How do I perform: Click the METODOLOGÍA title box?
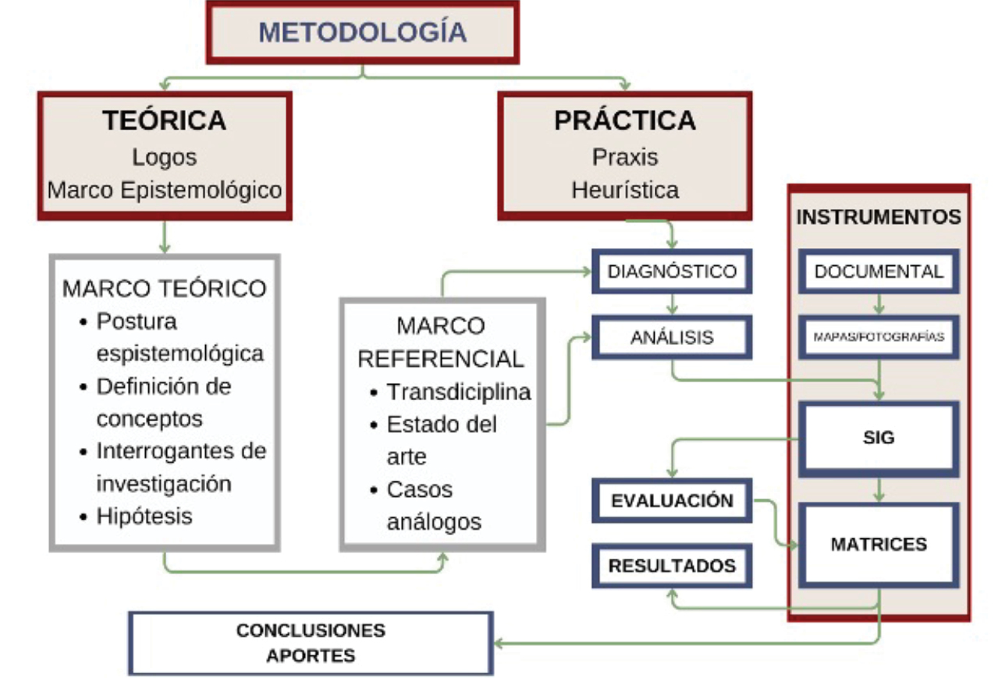362,33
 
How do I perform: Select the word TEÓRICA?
164,121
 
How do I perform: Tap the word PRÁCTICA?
624,121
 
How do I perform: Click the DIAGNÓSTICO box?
671,272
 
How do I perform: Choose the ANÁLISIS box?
671,337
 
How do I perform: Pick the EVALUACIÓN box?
671,500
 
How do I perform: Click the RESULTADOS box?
671,566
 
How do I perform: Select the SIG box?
879,438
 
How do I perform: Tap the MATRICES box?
879,544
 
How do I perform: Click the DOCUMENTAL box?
879,272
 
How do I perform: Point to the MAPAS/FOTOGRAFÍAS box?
879,337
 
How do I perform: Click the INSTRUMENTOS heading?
879,217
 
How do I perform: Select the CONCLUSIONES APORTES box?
311,642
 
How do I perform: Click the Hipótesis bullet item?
144,516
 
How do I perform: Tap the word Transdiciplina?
459,392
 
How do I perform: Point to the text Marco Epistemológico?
164,190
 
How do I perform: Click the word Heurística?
624,190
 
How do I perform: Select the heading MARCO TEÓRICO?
164,288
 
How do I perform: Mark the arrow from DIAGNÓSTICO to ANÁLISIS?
671,304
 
